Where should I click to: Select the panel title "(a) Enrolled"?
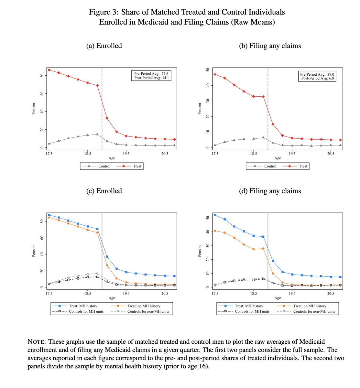pos(104,46)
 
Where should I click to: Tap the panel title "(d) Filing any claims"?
pos(270,191)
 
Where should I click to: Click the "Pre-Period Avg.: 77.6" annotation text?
pos(151,74)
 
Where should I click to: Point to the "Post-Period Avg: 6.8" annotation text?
pos(318,79)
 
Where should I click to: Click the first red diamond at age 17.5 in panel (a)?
pos(49,70)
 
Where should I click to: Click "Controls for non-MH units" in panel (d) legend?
pos(314,311)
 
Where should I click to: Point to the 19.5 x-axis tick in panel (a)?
pos(126,154)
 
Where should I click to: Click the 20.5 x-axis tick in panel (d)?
pos(331,294)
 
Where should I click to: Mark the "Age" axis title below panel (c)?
pos(112,298)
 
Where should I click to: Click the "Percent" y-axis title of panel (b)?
pos(200,109)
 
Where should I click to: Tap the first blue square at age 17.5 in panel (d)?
pos(215,215)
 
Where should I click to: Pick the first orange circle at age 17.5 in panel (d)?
pos(215,231)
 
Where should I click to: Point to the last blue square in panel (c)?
pos(175,276)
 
